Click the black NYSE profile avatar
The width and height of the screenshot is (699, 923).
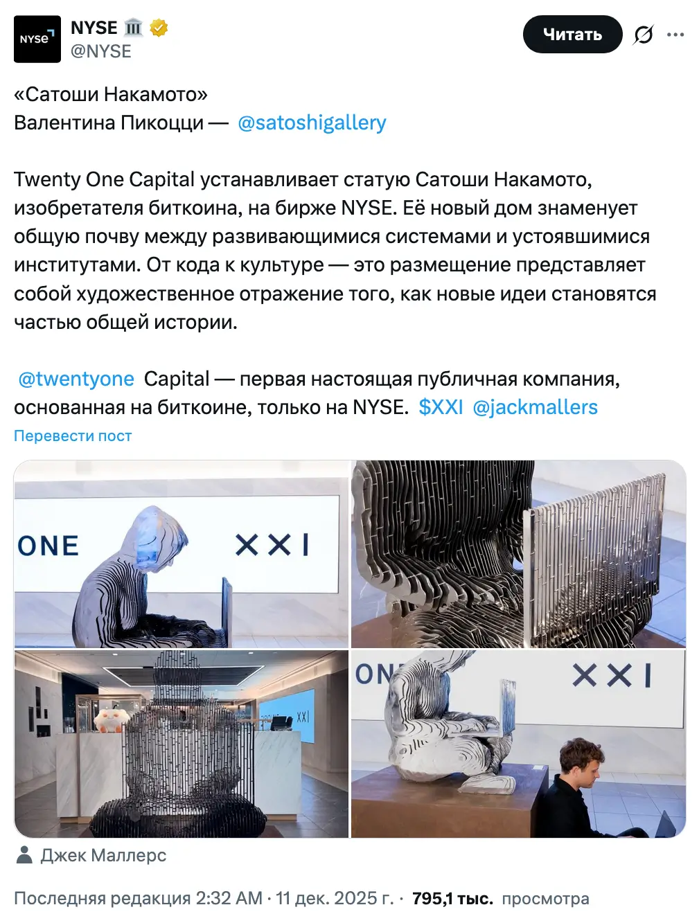[37, 39]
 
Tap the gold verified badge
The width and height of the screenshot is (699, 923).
[159, 28]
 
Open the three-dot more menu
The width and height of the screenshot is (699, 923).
[675, 35]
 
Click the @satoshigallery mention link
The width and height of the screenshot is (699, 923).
[312, 123]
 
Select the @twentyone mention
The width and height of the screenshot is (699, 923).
[76, 379]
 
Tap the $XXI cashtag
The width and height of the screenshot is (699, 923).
[441, 407]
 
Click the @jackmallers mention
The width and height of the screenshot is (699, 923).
[535, 407]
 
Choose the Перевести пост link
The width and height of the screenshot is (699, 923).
[73, 436]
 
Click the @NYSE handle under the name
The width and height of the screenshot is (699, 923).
[101, 51]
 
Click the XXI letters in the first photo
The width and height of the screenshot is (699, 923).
[272, 545]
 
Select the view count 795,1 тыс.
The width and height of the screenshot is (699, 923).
[452, 899]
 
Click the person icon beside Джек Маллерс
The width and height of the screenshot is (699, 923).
[24, 855]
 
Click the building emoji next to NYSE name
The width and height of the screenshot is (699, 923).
[133, 28]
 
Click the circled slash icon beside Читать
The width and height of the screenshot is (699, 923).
[643, 35]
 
